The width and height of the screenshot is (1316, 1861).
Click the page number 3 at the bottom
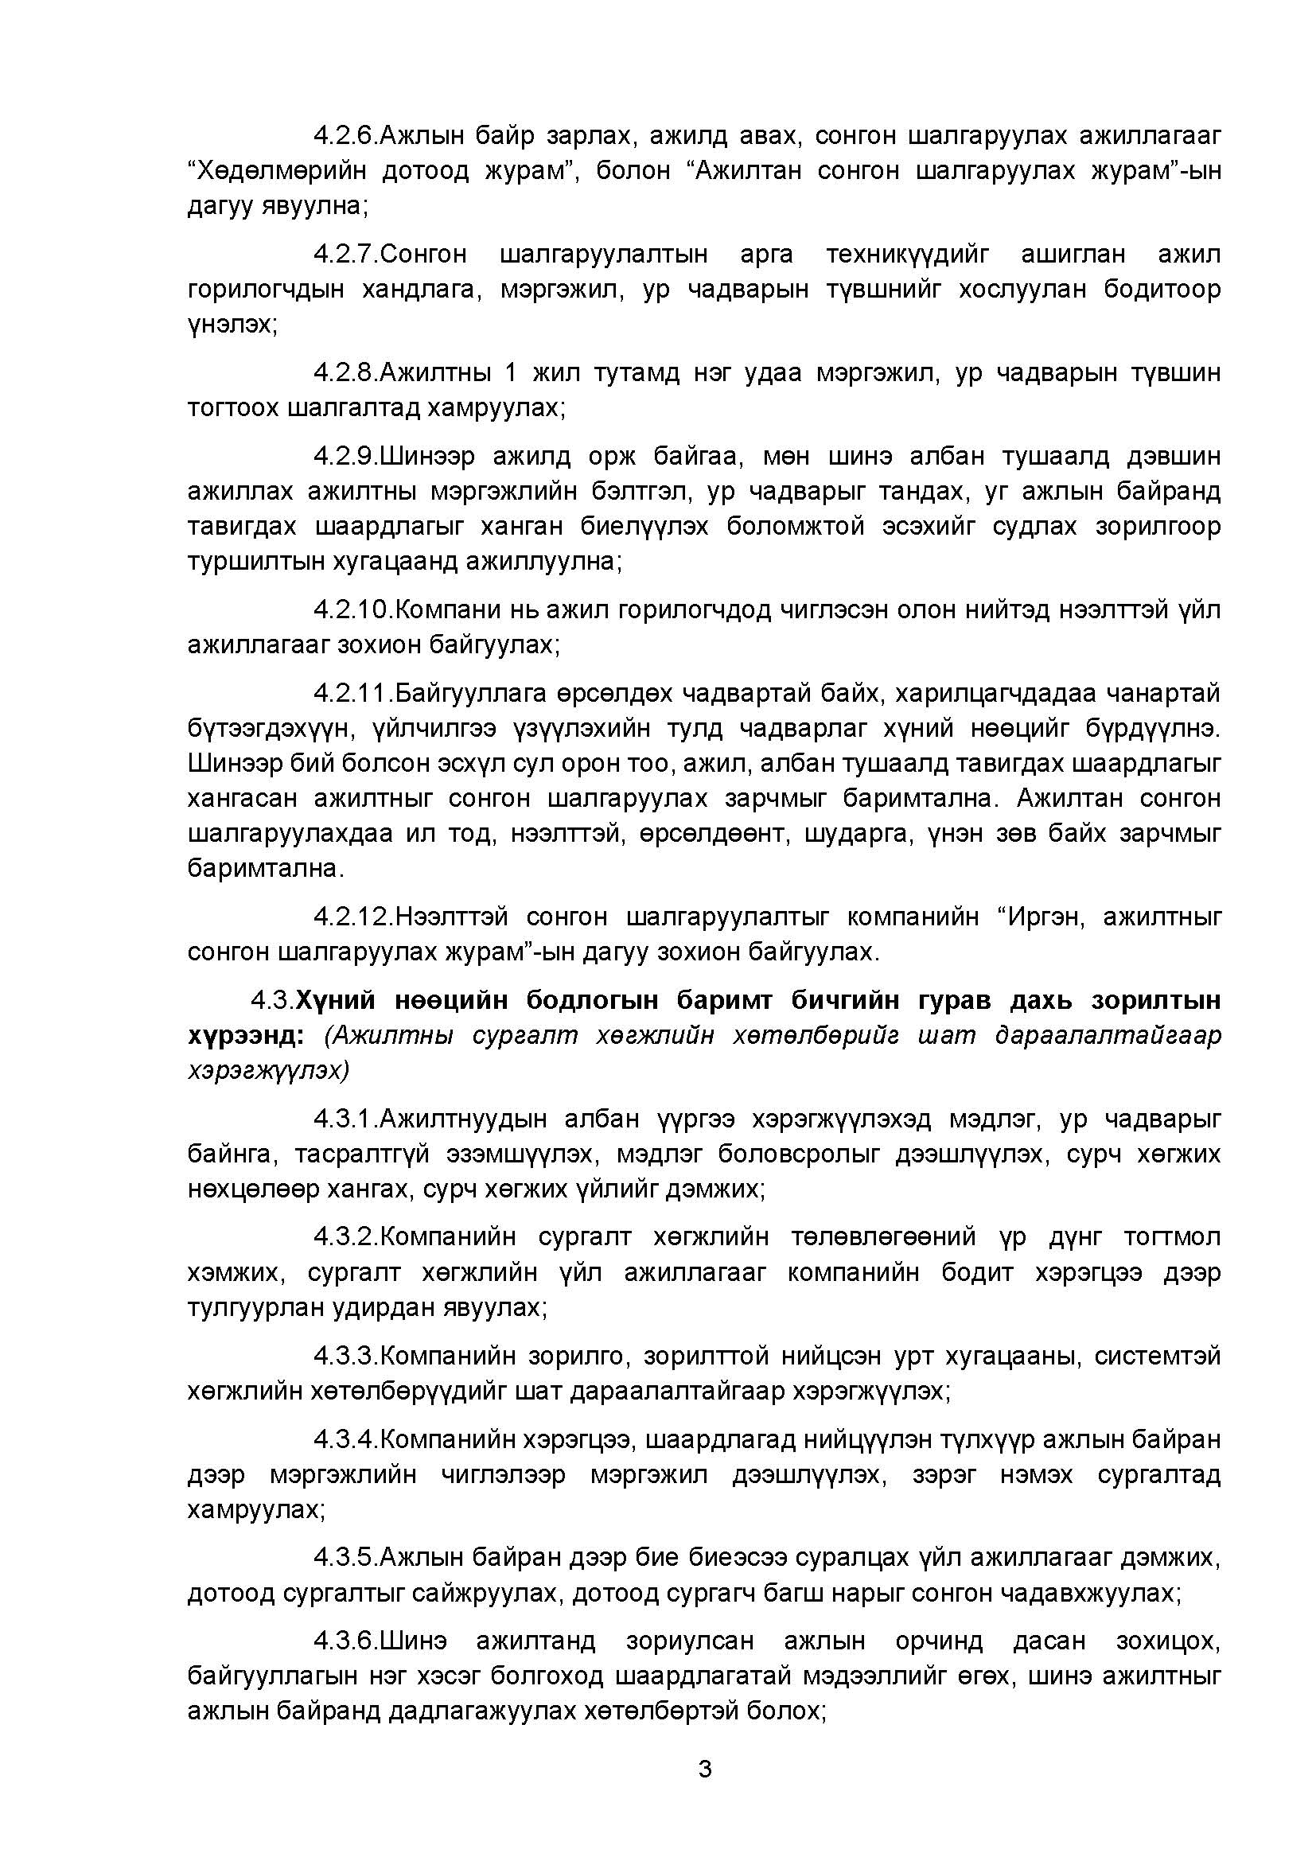[x=704, y=1769]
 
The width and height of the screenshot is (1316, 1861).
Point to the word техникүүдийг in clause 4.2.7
[x=908, y=255]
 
